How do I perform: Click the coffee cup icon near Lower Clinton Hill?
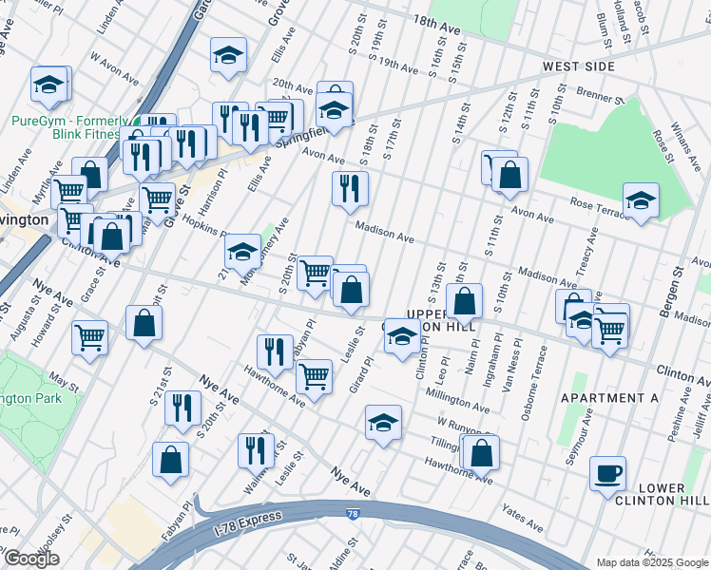[x=607, y=472]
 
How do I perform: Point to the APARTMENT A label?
[x=608, y=398]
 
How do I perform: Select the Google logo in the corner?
[x=31, y=559]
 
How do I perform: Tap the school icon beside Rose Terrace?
[x=641, y=200]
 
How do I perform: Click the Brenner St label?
[x=596, y=96]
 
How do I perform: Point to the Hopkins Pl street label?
[x=203, y=226]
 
